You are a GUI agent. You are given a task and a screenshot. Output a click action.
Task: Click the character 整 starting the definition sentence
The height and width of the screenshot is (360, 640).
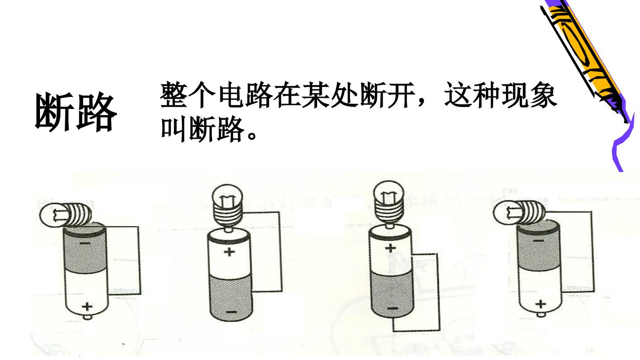[174, 95]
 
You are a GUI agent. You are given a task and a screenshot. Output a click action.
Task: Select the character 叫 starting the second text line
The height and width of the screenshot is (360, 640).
[174, 129]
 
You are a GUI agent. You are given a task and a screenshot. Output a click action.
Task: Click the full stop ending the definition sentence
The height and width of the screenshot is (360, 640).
[252, 135]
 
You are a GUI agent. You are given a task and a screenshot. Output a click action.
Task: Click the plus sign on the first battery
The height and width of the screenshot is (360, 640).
[87, 307]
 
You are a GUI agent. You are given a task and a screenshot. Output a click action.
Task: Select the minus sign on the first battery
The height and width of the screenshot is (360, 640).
[85, 244]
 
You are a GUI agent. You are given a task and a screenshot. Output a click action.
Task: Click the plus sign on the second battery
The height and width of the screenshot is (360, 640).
[229, 252]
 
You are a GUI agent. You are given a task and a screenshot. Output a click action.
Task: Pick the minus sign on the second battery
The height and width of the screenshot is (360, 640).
[231, 312]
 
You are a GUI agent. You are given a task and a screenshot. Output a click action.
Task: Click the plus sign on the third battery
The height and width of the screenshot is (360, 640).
[390, 248]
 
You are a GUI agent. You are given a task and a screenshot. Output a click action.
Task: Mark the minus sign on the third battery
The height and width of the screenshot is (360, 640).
[392, 308]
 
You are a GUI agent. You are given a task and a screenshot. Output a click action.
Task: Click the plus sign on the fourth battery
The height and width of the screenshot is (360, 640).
[540, 304]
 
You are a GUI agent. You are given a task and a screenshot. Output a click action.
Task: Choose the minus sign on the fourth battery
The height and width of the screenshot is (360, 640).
[539, 241]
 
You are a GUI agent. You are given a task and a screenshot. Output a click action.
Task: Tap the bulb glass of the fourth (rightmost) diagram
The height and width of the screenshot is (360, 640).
[506, 213]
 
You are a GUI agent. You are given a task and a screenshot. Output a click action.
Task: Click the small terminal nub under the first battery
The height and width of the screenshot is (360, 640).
[87, 317]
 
